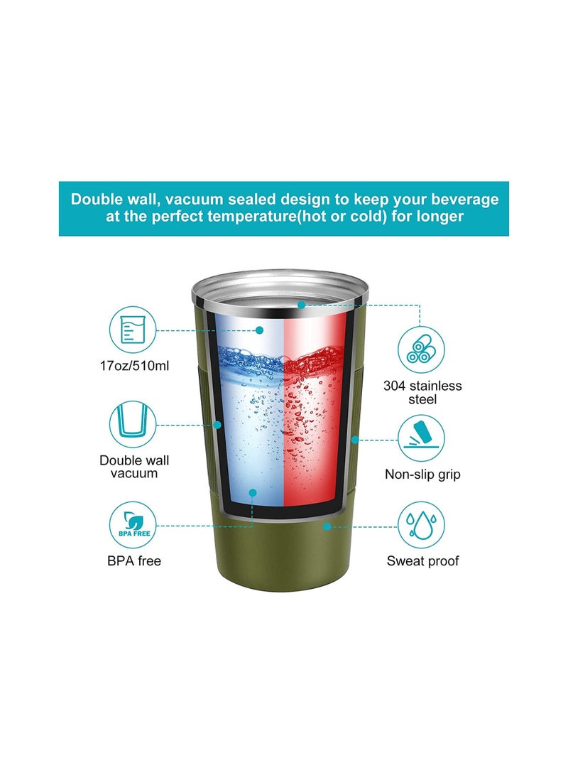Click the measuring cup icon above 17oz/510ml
[132, 330]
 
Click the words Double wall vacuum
[134, 467]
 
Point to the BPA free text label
[134, 561]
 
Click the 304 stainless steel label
[422, 393]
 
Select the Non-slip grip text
[422, 474]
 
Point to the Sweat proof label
[422, 561]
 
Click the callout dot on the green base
[327, 526]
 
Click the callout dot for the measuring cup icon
[260, 330]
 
